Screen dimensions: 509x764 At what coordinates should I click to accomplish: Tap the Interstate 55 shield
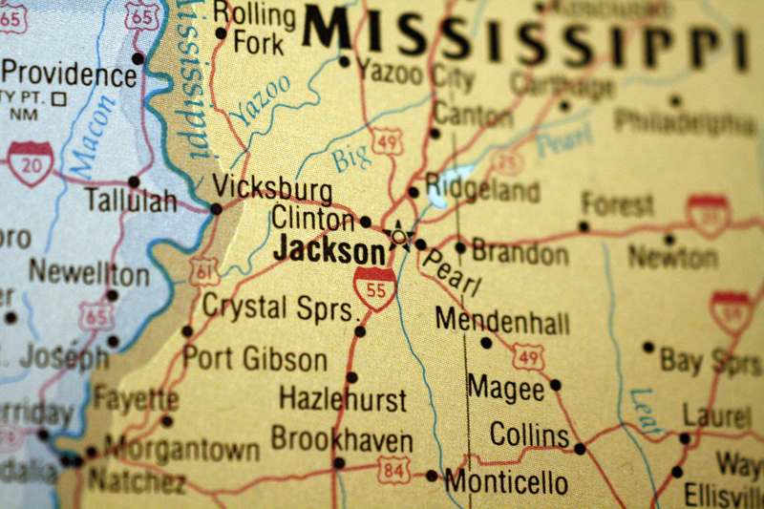tap(374, 288)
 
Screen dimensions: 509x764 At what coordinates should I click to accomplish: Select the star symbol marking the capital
tap(397, 234)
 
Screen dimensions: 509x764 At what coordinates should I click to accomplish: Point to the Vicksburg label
tap(273, 187)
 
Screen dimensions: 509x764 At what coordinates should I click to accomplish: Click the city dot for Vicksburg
tap(216, 208)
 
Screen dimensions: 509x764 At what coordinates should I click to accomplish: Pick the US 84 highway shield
tap(393, 469)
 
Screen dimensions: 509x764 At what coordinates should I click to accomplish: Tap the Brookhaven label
tap(342, 440)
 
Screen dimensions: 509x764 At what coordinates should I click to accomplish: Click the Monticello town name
tap(506, 480)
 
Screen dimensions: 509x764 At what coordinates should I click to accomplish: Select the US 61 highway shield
tap(202, 272)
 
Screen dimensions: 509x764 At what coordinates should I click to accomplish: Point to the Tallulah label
tap(131, 201)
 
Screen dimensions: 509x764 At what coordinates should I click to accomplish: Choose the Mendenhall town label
tap(502, 320)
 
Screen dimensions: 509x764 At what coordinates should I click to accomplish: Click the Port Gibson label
tap(254, 359)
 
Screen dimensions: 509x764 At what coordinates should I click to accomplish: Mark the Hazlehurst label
tap(343, 398)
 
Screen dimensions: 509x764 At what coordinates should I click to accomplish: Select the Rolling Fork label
tap(254, 29)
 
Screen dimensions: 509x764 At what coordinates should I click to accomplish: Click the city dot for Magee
tap(555, 385)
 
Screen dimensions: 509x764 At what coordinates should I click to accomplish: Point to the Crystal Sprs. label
tap(285, 308)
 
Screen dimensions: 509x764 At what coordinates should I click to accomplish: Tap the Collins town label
tap(529, 435)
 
